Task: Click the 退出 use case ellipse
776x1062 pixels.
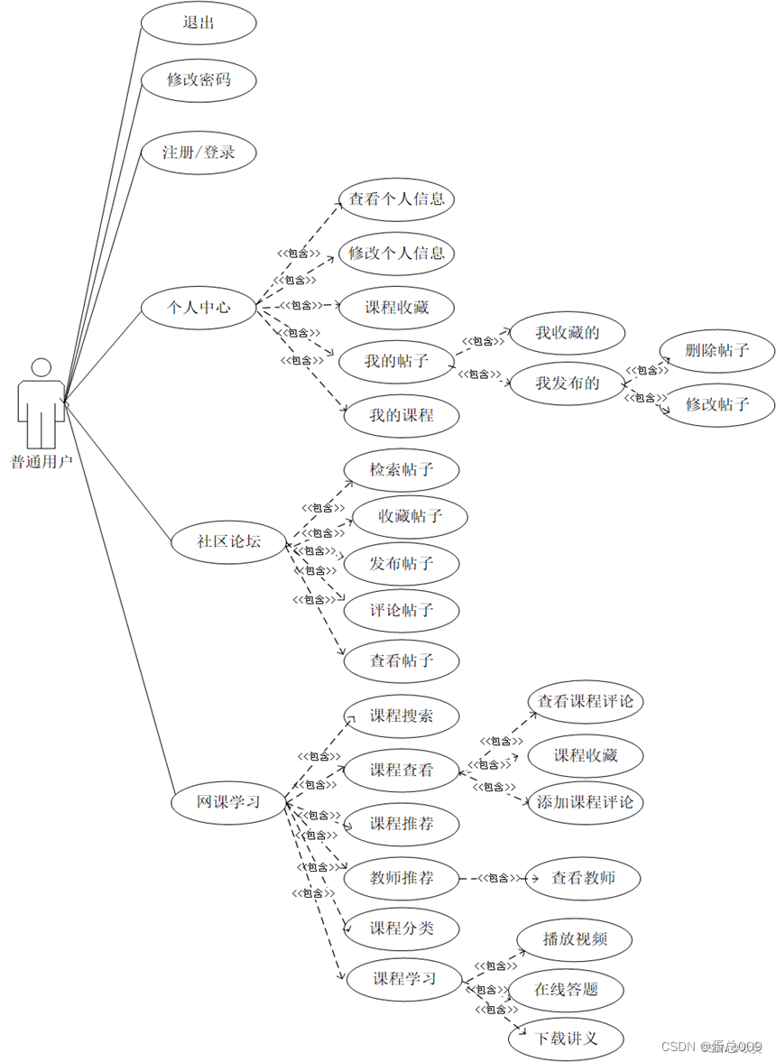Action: click(x=199, y=23)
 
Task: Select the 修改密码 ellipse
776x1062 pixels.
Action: click(x=199, y=80)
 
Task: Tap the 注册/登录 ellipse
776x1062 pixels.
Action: click(x=199, y=152)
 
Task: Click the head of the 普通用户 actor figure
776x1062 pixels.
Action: click(x=41, y=367)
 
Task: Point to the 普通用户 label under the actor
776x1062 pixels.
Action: click(x=41, y=462)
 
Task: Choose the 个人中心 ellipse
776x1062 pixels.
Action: click(x=199, y=308)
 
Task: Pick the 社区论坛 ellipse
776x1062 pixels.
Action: click(x=228, y=542)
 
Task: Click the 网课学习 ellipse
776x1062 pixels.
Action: click(x=228, y=800)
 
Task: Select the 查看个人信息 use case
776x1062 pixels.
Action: click(x=396, y=199)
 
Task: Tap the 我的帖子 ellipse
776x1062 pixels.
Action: click(x=396, y=362)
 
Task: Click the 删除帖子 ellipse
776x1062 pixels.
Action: click(x=717, y=350)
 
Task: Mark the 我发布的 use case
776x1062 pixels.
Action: click(x=568, y=383)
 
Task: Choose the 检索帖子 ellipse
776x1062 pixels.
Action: click(x=402, y=470)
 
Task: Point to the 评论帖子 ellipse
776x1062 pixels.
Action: click(x=402, y=611)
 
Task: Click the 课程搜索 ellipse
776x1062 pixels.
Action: click(x=402, y=716)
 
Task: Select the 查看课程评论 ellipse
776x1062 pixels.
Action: click(x=586, y=702)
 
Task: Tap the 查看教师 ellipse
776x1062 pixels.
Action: click(x=584, y=877)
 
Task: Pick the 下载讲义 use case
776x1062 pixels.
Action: click(x=567, y=1039)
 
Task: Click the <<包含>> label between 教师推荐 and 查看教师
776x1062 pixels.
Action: click(x=499, y=878)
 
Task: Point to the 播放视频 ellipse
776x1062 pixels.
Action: click(x=575, y=939)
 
